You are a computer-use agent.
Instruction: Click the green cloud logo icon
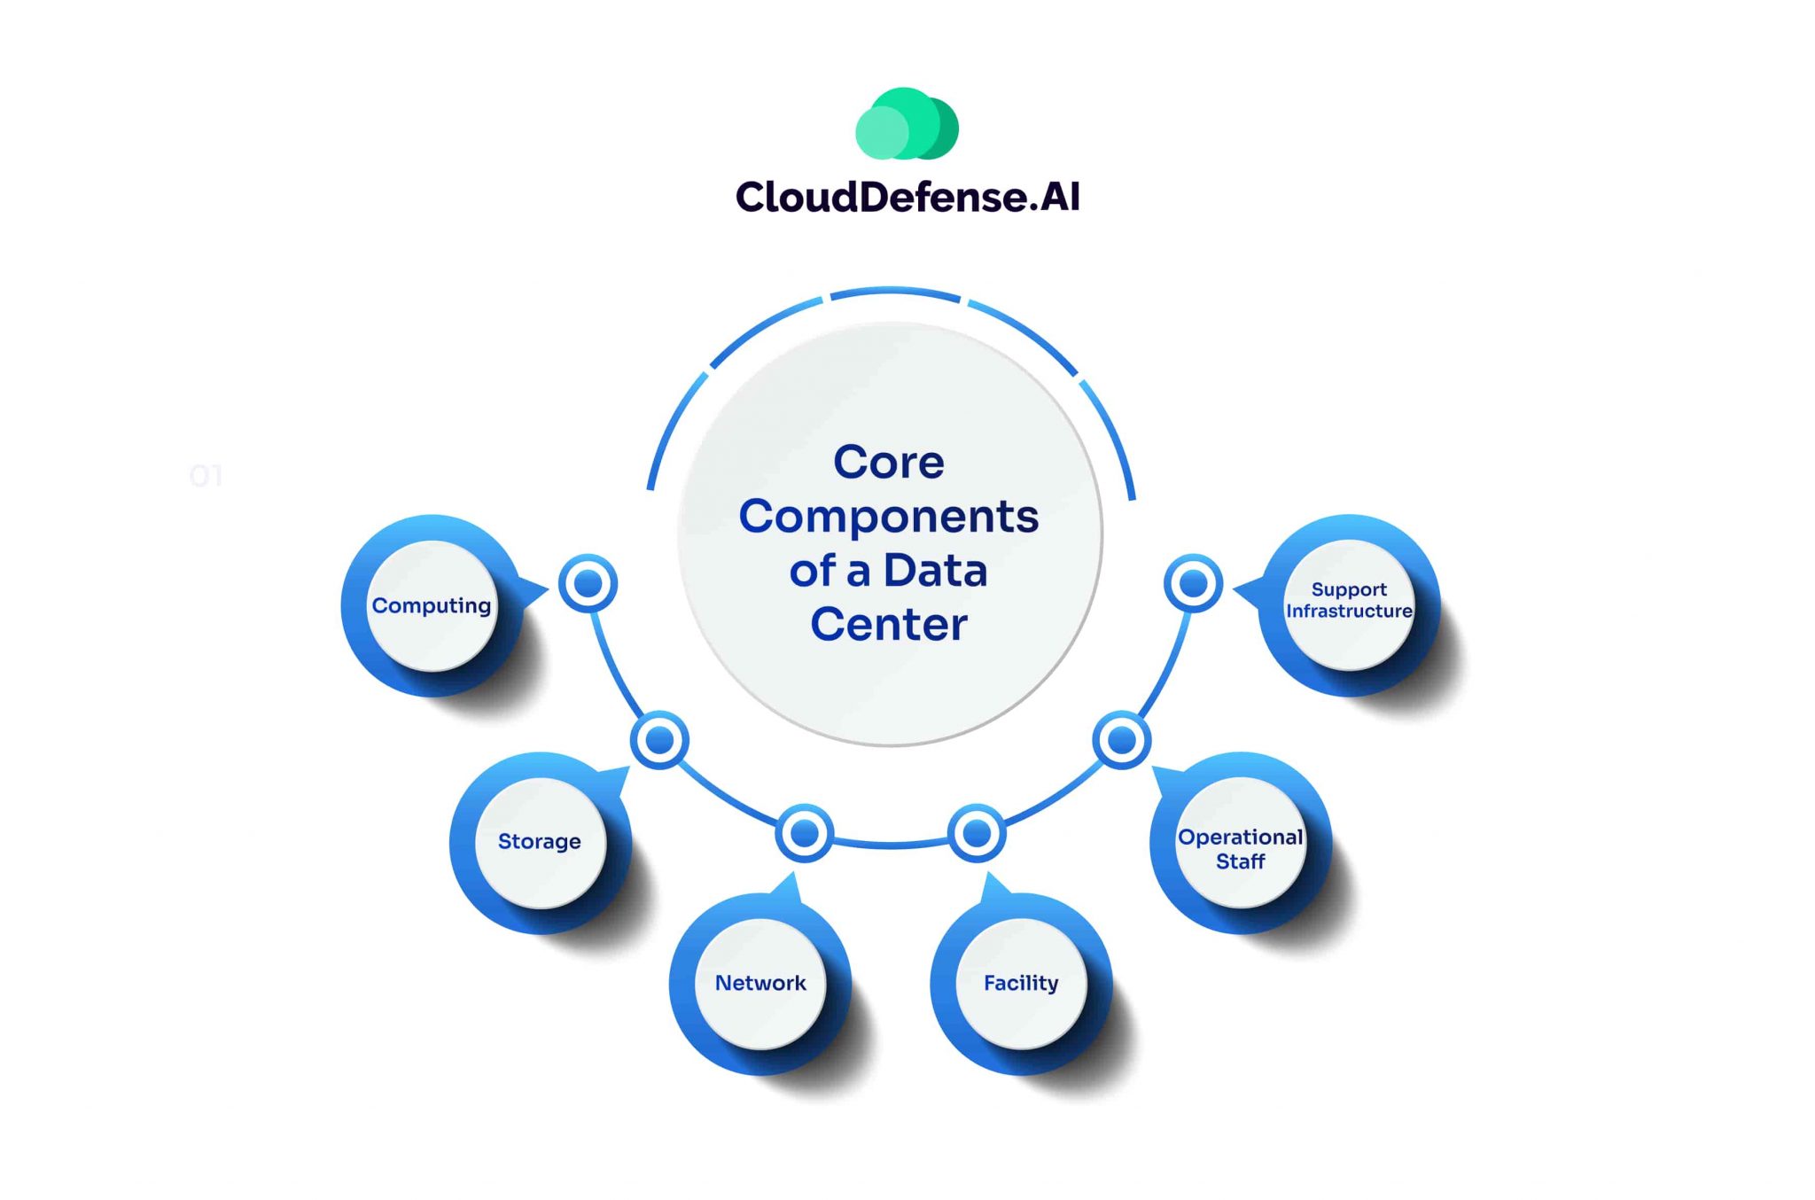pos(906,124)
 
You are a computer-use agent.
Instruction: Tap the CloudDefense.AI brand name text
pos(907,197)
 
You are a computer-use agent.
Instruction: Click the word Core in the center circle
pos(889,463)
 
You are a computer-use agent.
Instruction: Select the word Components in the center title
pos(889,517)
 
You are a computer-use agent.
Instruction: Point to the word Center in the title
pos(889,625)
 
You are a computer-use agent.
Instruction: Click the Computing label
pos(432,606)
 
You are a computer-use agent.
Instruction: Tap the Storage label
pos(540,841)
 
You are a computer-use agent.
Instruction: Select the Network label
pos(760,983)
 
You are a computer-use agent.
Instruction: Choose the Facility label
pos(1021,983)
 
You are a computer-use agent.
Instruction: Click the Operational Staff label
pos(1240,849)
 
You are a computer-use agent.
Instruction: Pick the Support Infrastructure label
pos(1349,601)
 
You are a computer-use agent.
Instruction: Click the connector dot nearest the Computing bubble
pos(588,584)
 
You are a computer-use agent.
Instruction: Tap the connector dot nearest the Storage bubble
pos(659,740)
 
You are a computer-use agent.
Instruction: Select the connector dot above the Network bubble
pos(804,833)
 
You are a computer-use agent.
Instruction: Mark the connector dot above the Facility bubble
pos(977,833)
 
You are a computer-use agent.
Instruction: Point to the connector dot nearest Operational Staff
pos(1122,740)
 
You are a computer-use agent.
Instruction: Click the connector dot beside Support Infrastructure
pos(1193,584)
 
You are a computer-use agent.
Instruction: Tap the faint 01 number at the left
pos(206,477)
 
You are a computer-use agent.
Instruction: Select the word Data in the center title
pos(935,571)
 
